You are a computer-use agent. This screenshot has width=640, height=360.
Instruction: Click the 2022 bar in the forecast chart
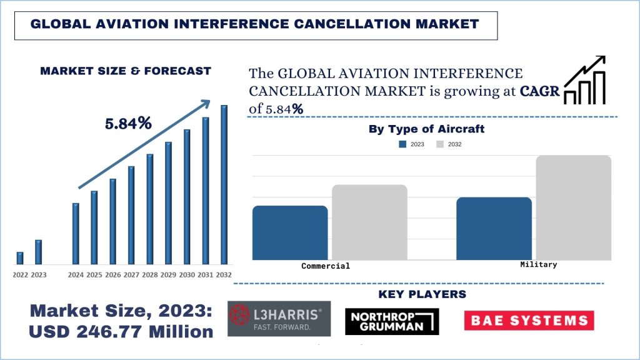click(20, 258)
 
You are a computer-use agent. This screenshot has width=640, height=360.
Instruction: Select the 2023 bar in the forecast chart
click(39, 252)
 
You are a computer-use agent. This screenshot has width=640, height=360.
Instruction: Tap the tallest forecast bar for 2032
click(224, 185)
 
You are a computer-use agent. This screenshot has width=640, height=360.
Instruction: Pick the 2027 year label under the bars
click(131, 275)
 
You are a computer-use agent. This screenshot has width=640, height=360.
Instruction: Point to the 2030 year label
click(187, 275)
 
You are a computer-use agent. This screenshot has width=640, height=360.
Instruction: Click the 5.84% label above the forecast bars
click(128, 124)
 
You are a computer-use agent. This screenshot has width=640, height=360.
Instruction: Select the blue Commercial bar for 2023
click(290, 232)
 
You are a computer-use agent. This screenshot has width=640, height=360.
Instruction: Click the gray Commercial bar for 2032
click(369, 222)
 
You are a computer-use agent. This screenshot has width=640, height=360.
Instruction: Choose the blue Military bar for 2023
click(494, 228)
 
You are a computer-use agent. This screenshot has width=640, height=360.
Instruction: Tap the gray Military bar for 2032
click(573, 207)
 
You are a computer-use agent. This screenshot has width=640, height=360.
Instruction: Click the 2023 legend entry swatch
click(403, 144)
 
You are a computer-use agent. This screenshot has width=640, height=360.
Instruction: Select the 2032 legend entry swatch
click(440, 144)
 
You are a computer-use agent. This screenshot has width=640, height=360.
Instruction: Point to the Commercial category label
click(326, 266)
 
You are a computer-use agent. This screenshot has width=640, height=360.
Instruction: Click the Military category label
click(538, 264)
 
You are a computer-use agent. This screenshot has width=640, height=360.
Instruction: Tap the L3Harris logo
click(279, 319)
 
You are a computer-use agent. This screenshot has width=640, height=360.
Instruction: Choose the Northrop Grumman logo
click(392, 321)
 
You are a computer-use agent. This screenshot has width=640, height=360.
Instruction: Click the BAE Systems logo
click(529, 321)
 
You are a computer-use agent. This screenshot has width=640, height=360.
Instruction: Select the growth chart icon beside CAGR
click(585, 80)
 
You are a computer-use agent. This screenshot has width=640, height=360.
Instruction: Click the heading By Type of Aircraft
click(426, 129)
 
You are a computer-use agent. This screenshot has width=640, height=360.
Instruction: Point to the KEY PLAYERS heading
click(422, 294)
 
